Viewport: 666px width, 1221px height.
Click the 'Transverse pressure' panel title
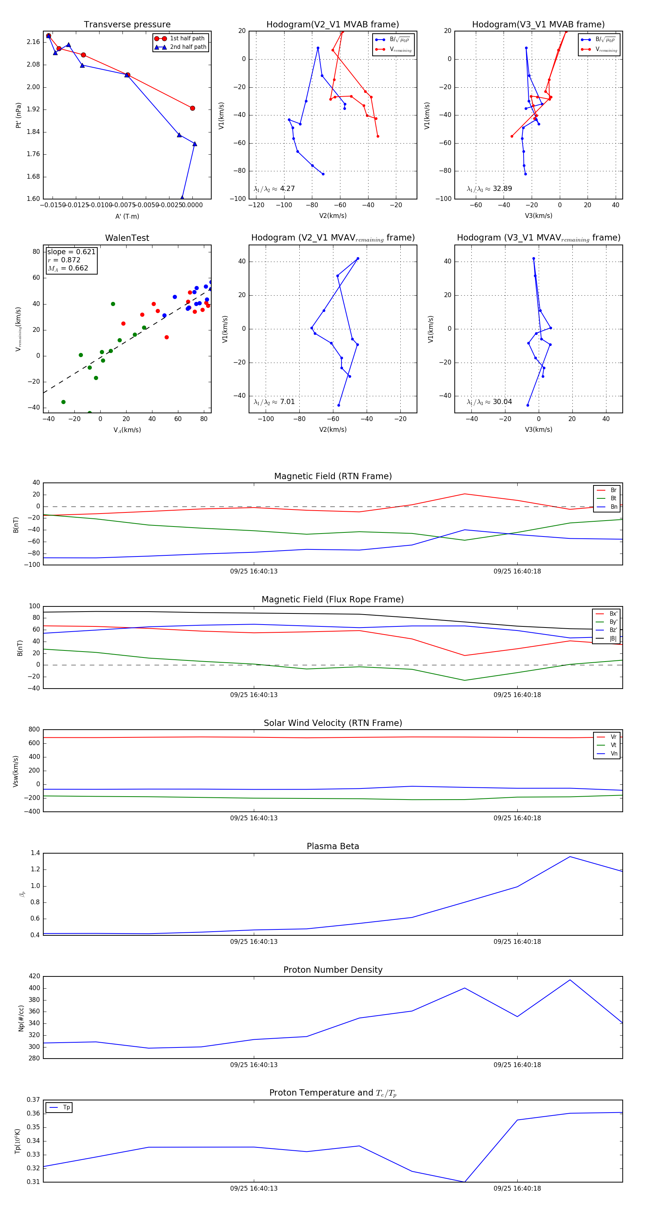click(127, 25)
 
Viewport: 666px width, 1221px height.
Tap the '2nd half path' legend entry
click(188, 47)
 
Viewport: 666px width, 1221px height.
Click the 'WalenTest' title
click(127, 238)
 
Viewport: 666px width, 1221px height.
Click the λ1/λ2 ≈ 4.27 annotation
click(274, 189)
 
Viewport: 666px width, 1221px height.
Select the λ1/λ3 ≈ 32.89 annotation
click(489, 189)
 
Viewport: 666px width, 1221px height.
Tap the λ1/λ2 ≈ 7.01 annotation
click(274, 402)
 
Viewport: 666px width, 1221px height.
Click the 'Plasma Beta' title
click(333, 847)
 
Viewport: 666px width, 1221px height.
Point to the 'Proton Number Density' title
click(333, 970)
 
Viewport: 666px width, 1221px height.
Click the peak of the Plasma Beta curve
click(570, 857)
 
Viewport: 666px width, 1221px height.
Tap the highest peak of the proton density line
click(570, 980)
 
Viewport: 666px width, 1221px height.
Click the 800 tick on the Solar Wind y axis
click(34, 730)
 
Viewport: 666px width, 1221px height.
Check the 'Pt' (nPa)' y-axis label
click(18, 115)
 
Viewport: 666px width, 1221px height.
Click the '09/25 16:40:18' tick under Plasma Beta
click(517, 941)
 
